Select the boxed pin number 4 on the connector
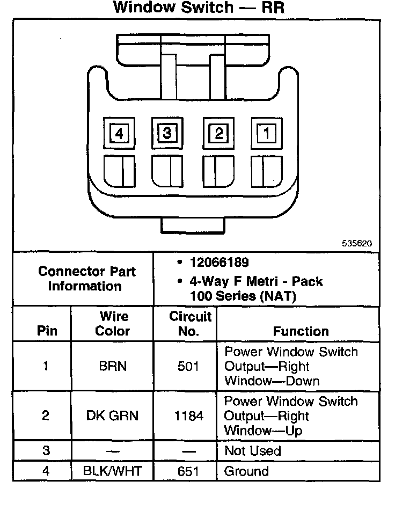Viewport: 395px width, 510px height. [x=119, y=133]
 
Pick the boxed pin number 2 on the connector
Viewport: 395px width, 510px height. [x=218, y=133]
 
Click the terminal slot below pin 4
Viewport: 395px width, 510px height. [x=119, y=171]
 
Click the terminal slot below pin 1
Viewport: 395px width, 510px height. [x=266, y=171]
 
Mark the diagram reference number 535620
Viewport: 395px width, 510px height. [x=357, y=243]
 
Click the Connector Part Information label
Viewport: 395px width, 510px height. [x=87, y=278]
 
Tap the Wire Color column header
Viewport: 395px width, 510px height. [x=113, y=323]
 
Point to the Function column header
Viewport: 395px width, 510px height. [x=301, y=331]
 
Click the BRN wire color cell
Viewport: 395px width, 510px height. [x=112, y=367]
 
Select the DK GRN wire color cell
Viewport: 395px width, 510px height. [x=112, y=416]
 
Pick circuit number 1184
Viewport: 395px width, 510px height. [x=189, y=416]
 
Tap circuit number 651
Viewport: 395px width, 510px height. [x=189, y=471]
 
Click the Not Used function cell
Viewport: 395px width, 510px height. [x=253, y=450]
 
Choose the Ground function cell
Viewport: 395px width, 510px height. [x=246, y=471]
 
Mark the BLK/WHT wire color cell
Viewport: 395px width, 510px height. [x=112, y=471]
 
